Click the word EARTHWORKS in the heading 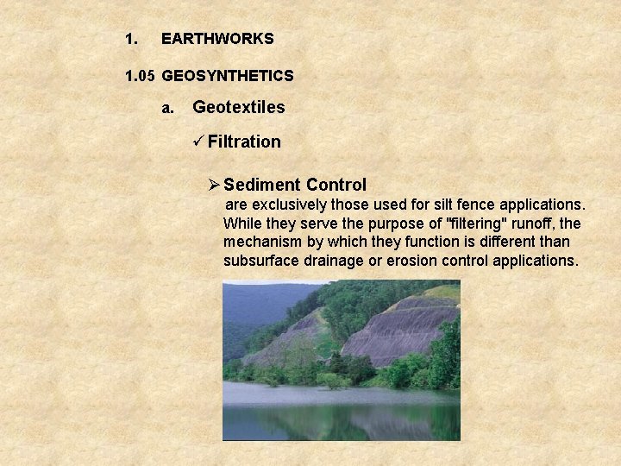(x=217, y=39)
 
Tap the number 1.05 (x=139, y=76)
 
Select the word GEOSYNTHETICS (x=228, y=76)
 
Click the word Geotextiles (x=239, y=107)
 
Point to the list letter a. (x=168, y=108)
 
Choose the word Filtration (x=244, y=142)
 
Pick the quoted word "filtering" (x=472, y=224)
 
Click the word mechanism (x=263, y=242)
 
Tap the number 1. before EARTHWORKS (x=130, y=39)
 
